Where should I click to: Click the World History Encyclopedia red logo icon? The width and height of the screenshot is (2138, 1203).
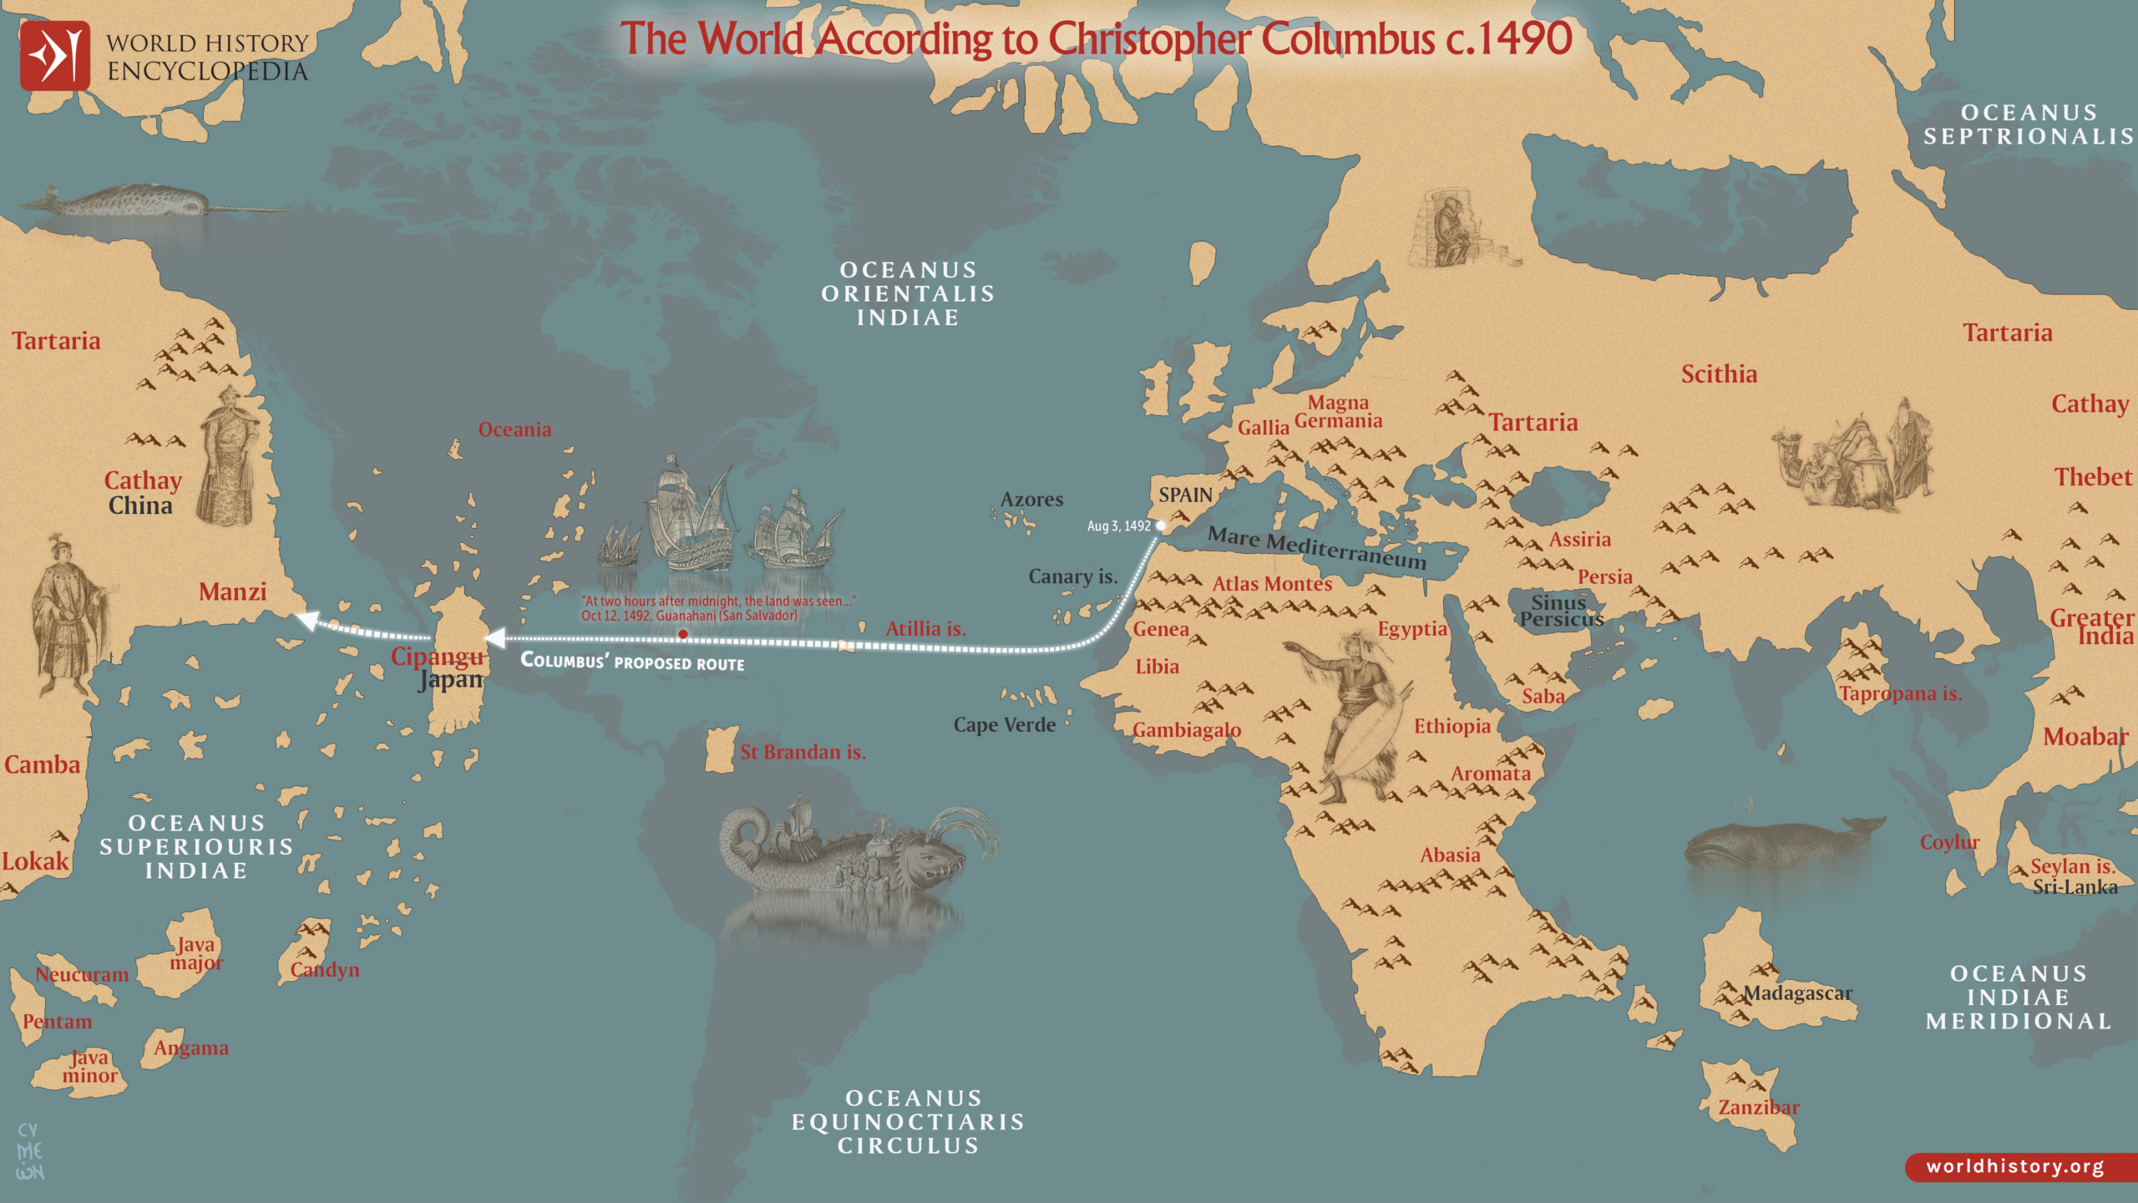point(55,56)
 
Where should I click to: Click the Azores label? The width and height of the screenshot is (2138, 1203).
point(1031,500)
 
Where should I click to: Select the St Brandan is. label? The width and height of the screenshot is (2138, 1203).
point(803,752)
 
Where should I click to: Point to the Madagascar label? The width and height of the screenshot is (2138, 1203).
point(1797,993)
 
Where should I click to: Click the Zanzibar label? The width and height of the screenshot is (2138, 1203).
point(1758,1108)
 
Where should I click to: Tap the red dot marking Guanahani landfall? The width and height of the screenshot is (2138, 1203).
point(683,635)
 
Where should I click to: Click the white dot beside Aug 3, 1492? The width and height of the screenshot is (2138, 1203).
point(1160,525)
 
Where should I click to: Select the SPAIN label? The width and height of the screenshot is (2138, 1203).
point(1184,495)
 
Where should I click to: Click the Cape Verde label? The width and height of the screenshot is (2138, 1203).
point(1004,725)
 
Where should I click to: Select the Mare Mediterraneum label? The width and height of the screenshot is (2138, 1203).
point(1317,547)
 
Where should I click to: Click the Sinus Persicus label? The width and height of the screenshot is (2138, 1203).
point(1560,611)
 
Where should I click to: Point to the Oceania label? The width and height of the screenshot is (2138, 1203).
point(514,429)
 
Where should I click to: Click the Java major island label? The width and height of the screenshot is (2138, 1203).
point(195,953)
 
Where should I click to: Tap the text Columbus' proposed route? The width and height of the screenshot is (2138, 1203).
point(632,662)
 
